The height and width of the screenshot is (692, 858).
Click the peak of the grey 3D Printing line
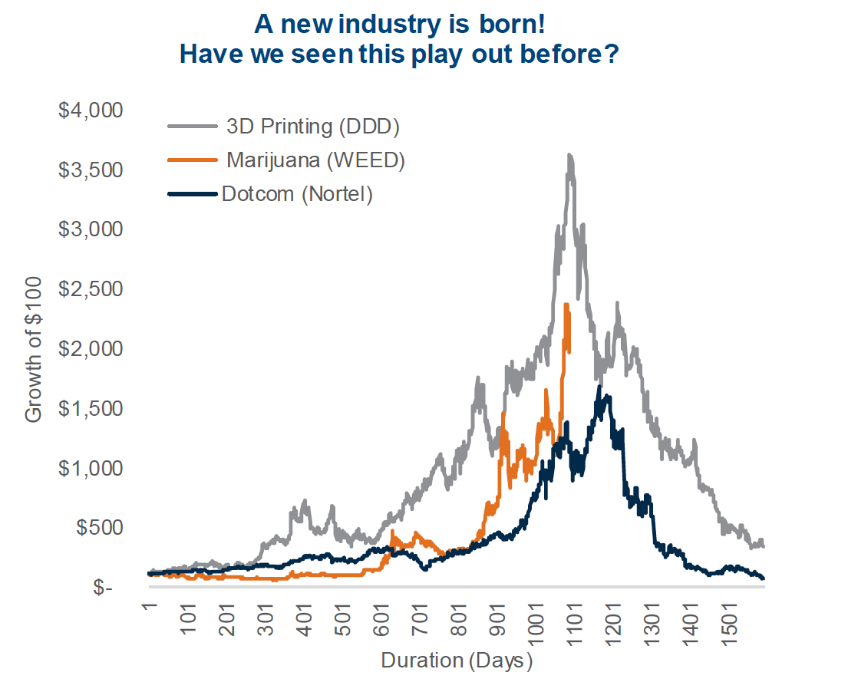(x=569, y=155)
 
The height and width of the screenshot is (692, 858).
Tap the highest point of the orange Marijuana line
(x=566, y=305)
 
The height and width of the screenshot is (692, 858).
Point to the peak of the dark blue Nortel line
(x=599, y=387)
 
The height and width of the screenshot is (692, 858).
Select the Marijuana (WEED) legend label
(x=315, y=160)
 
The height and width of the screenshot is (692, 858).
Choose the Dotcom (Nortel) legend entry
(x=297, y=194)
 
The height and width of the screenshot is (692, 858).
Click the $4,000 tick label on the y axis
(x=91, y=110)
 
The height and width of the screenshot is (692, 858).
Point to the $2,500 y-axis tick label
(x=91, y=288)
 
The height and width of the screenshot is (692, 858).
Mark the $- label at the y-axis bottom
(x=104, y=588)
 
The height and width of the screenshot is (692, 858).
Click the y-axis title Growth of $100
(x=34, y=348)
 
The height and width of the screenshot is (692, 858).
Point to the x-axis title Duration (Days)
(x=457, y=661)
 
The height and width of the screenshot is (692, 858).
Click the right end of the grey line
(x=763, y=545)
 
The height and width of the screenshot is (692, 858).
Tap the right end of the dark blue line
(x=763, y=578)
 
